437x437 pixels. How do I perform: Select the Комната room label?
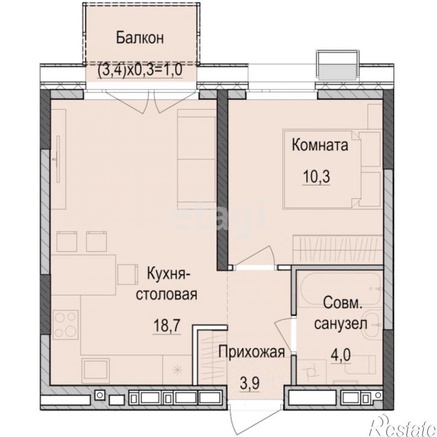pyautogui.click(x=319, y=145)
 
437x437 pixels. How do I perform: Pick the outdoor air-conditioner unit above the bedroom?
pyautogui.click(x=338, y=64)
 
